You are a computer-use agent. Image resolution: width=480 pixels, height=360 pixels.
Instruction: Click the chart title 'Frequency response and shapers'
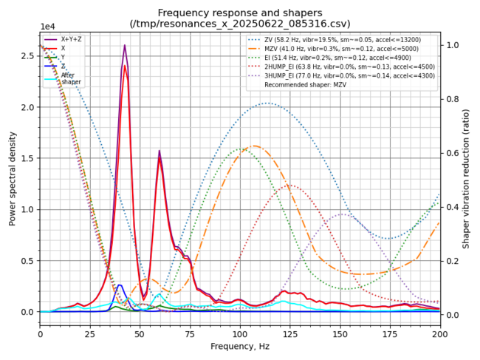(x=240, y=13)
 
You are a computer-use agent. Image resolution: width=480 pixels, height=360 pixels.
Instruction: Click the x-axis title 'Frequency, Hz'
(x=240, y=346)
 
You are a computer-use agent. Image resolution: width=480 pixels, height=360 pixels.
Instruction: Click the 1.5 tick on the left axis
(x=28, y=158)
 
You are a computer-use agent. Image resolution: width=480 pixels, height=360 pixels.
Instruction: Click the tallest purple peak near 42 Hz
(x=124, y=46)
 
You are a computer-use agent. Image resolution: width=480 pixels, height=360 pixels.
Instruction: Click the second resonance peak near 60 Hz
(x=159, y=151)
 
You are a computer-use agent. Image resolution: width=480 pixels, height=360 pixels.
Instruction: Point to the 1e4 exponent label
(x=49, y=27)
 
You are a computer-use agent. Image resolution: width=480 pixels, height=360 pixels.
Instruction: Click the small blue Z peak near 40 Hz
(x=120, y=285)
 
